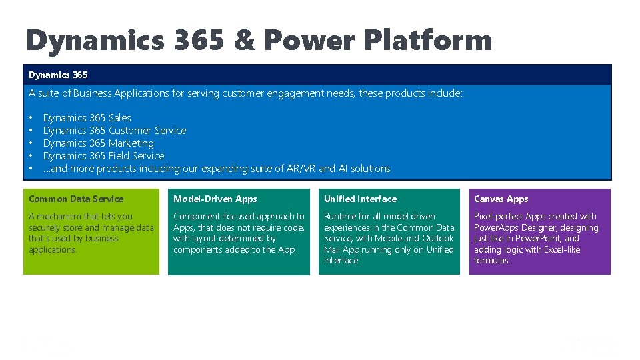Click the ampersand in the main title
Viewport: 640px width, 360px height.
click(244, 41)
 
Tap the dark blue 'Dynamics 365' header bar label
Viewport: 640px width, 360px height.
click(58, 75)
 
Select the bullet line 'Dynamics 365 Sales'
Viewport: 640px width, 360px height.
click(87, 118)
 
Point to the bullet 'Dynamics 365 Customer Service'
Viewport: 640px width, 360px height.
click(114, 131)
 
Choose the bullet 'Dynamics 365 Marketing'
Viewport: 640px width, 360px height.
click(98, 143)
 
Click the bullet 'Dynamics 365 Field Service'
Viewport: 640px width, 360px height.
click(103, 156)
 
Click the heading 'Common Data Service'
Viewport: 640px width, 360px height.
click(76, 199)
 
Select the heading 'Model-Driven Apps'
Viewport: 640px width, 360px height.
click(215, 199)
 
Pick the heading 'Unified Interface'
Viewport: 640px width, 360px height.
click(360, 199)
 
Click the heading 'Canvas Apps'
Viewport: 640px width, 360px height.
click(501, 199)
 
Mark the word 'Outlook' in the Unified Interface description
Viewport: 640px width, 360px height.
click(438, 238)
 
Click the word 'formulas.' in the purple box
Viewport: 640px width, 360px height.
click(491, 260)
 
